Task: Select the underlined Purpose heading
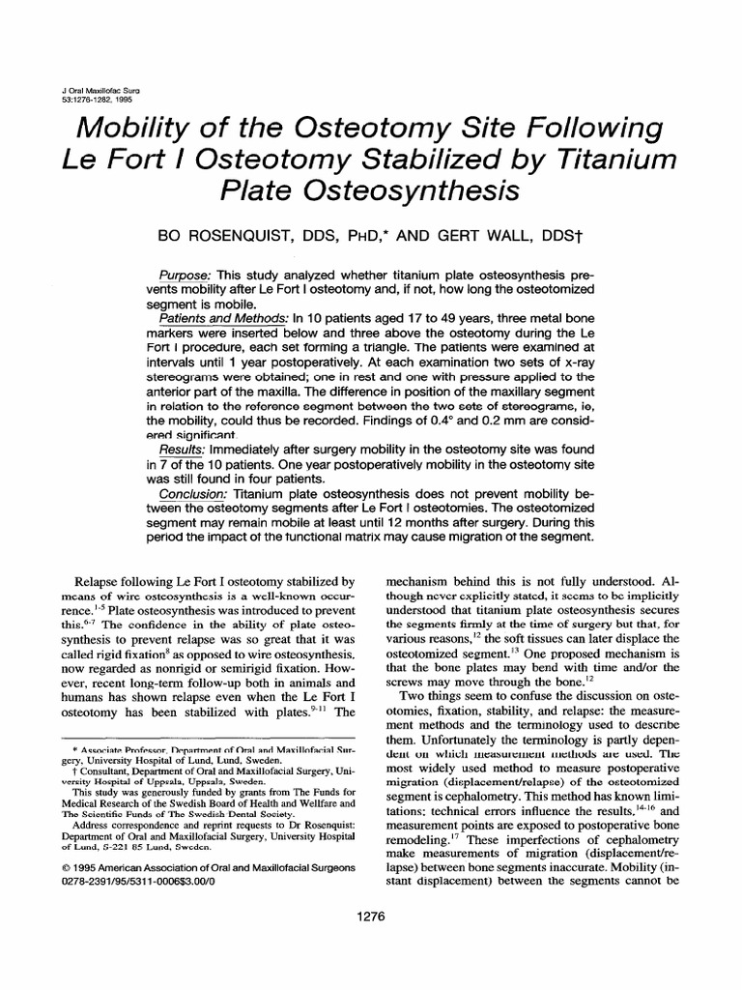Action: pos(185,277)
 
